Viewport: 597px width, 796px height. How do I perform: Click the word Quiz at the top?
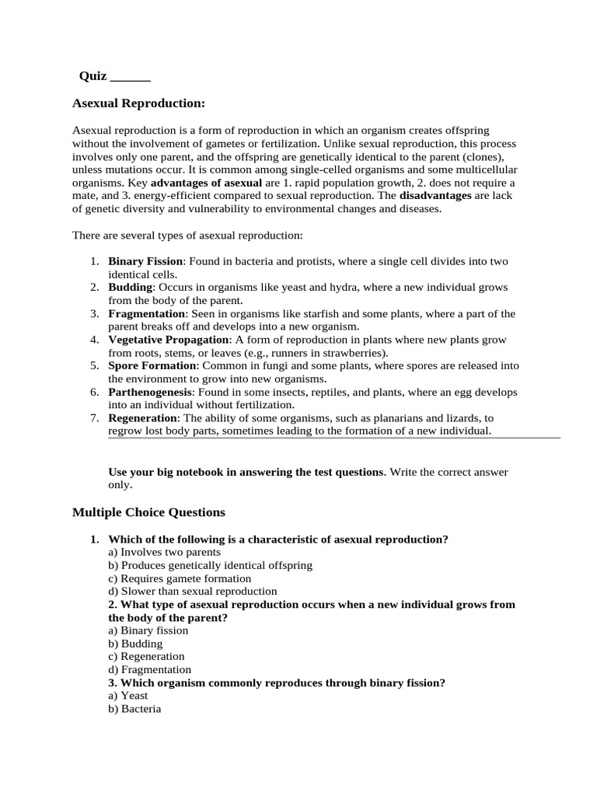[x=93, y=76]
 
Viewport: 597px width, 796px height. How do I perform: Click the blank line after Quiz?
[x=131, y=77]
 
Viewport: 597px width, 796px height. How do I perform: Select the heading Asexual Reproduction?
[x=138, y=103]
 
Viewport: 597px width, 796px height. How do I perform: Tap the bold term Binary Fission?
[x=145, y=262]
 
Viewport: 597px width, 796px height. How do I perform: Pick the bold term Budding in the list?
[x=130, y=288]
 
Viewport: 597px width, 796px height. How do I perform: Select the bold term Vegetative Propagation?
[x=169, y=340]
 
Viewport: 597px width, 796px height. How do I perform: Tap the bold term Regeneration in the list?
[x=144, y=418]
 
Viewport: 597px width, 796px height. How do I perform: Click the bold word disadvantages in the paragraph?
[x=435, y=196]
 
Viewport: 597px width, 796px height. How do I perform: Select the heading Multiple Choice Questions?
[x=148, y=512]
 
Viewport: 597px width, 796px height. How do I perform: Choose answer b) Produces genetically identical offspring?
[x=211, y=565]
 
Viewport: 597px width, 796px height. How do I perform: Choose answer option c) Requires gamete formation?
[x=180, y=578]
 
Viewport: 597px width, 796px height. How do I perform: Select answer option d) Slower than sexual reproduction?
[x=193, y=592]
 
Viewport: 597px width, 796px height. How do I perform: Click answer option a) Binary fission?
[x=148, y=630]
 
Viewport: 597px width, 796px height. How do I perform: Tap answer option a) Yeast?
[x=128, y=696]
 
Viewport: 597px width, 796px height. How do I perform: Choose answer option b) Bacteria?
[x=134, y=709]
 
